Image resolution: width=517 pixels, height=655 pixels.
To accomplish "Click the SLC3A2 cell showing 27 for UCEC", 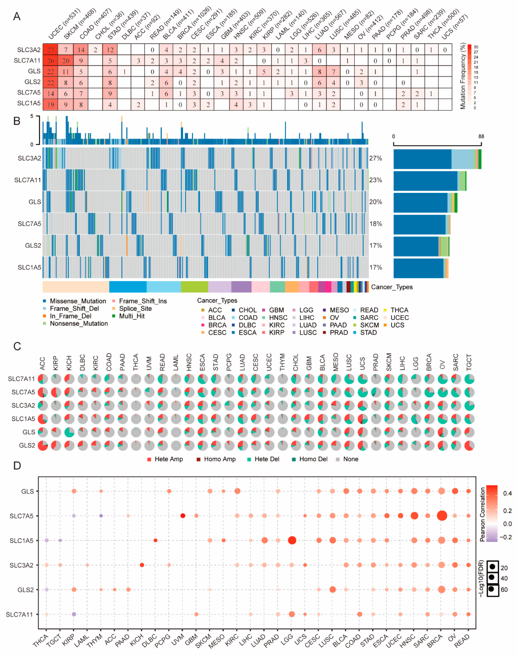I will (x=50, y=50).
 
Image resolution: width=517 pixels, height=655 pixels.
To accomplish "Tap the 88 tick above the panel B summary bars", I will (x=481, y=137).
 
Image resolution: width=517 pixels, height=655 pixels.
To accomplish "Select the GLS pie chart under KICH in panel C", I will (x=69, y=432).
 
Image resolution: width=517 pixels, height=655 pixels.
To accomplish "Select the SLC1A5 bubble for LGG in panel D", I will (x=292, y=540).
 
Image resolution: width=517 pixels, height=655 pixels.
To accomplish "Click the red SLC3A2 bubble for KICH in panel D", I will (x=142, y=565).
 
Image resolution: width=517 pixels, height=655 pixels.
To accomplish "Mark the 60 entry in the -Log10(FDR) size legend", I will (x=504, y=589).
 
